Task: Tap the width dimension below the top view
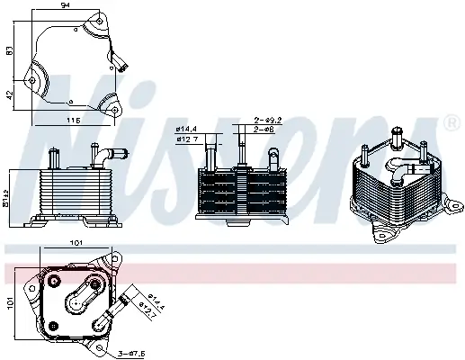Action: (x=74, y=120)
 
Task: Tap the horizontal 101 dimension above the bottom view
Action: (x=76, y=242)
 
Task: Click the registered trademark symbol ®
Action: (x=450, y=121)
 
